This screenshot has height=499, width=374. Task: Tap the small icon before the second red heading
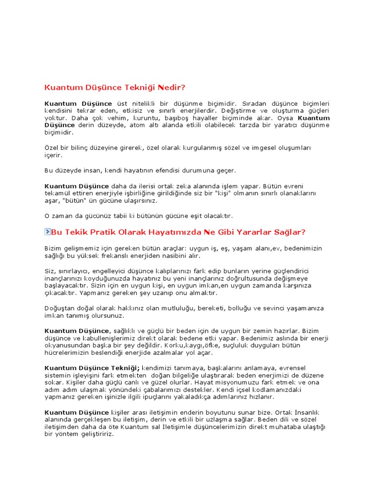(x=47, y=232)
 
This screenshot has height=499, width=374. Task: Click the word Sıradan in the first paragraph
(x=255, y=104)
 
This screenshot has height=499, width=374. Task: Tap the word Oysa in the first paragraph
(x=286, y=118)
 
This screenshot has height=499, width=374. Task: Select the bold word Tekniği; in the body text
(x=125, y=368)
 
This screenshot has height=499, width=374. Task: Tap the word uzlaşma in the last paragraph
(x=249, y=420)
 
